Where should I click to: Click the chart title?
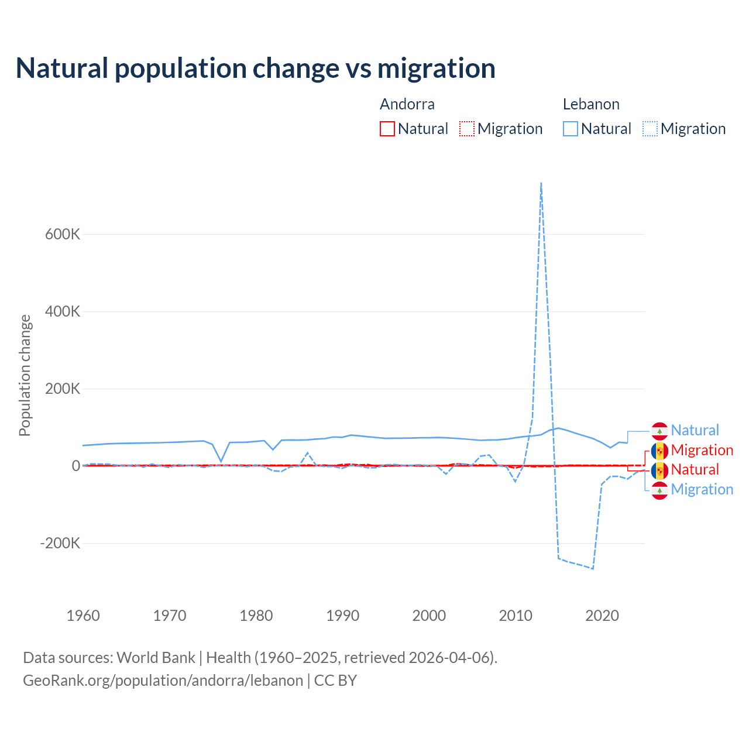click(x=256, y=68)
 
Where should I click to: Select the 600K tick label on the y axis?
click(x=63, y=234)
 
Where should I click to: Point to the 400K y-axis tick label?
click(x=63, y=311)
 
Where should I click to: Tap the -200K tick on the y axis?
click(x=60, y=543)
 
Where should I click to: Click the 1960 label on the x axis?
click(x=83, y=616)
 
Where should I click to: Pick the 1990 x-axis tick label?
click(x=343, y=616)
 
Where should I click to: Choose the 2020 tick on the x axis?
click(x=602, y=616)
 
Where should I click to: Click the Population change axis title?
click(x=25, y=376)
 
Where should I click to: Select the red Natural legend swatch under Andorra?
click(x=387, y=129)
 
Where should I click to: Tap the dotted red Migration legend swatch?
click(x=467, y=129)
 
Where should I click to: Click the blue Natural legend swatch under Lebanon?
click(x=571, y=129)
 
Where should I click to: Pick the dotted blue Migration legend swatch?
click(x=650, y=129)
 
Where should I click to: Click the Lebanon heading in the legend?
click(x=591, y=104)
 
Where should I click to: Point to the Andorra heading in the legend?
click(x=407, y=104)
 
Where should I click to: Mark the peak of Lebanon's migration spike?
click(x=541, y=183)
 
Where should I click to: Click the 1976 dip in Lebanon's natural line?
click(x=221, y=462)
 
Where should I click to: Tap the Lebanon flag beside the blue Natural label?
click(x=659, y=431)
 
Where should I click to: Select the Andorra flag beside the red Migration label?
click(x=659, y=451)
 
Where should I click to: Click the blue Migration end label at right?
click(x=702, y=489)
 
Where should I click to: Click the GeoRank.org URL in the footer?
click(x=163, y=681)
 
